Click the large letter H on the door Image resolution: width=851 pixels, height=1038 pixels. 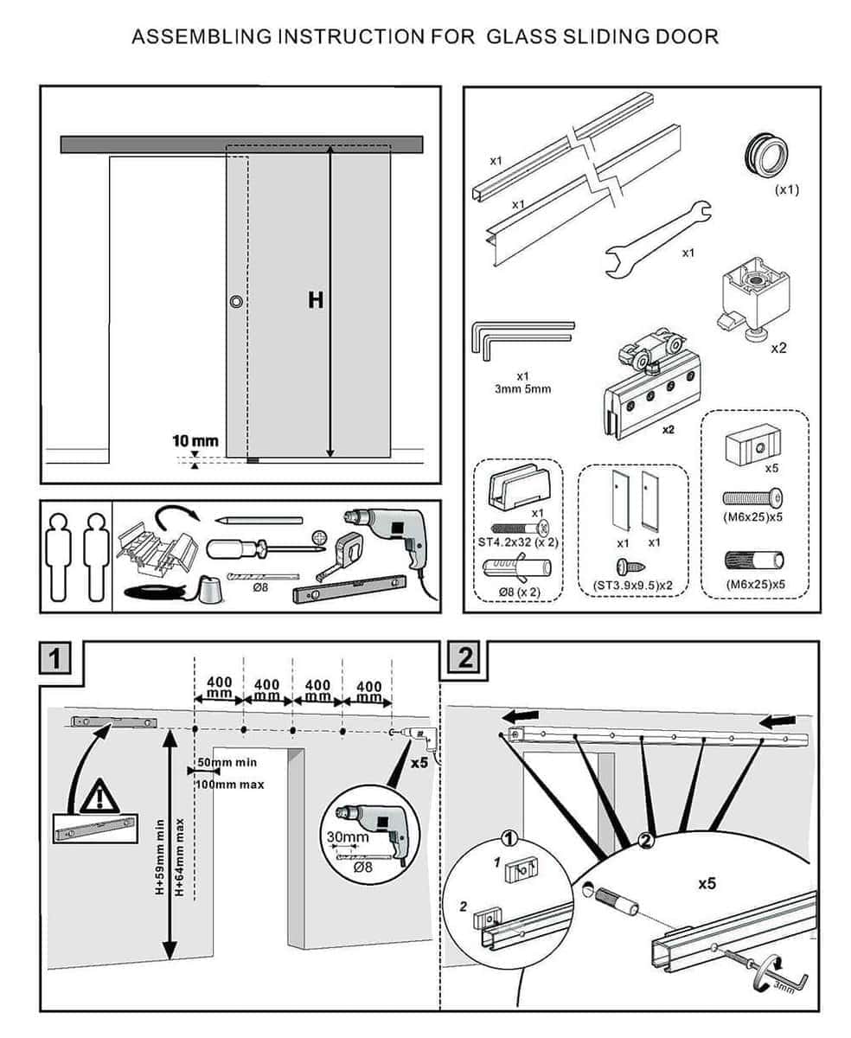316,300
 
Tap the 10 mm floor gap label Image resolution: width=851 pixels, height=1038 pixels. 195,441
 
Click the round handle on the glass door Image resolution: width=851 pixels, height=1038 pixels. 236,302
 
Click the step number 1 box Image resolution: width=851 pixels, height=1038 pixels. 57,659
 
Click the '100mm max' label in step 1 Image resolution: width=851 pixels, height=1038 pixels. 230,784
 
